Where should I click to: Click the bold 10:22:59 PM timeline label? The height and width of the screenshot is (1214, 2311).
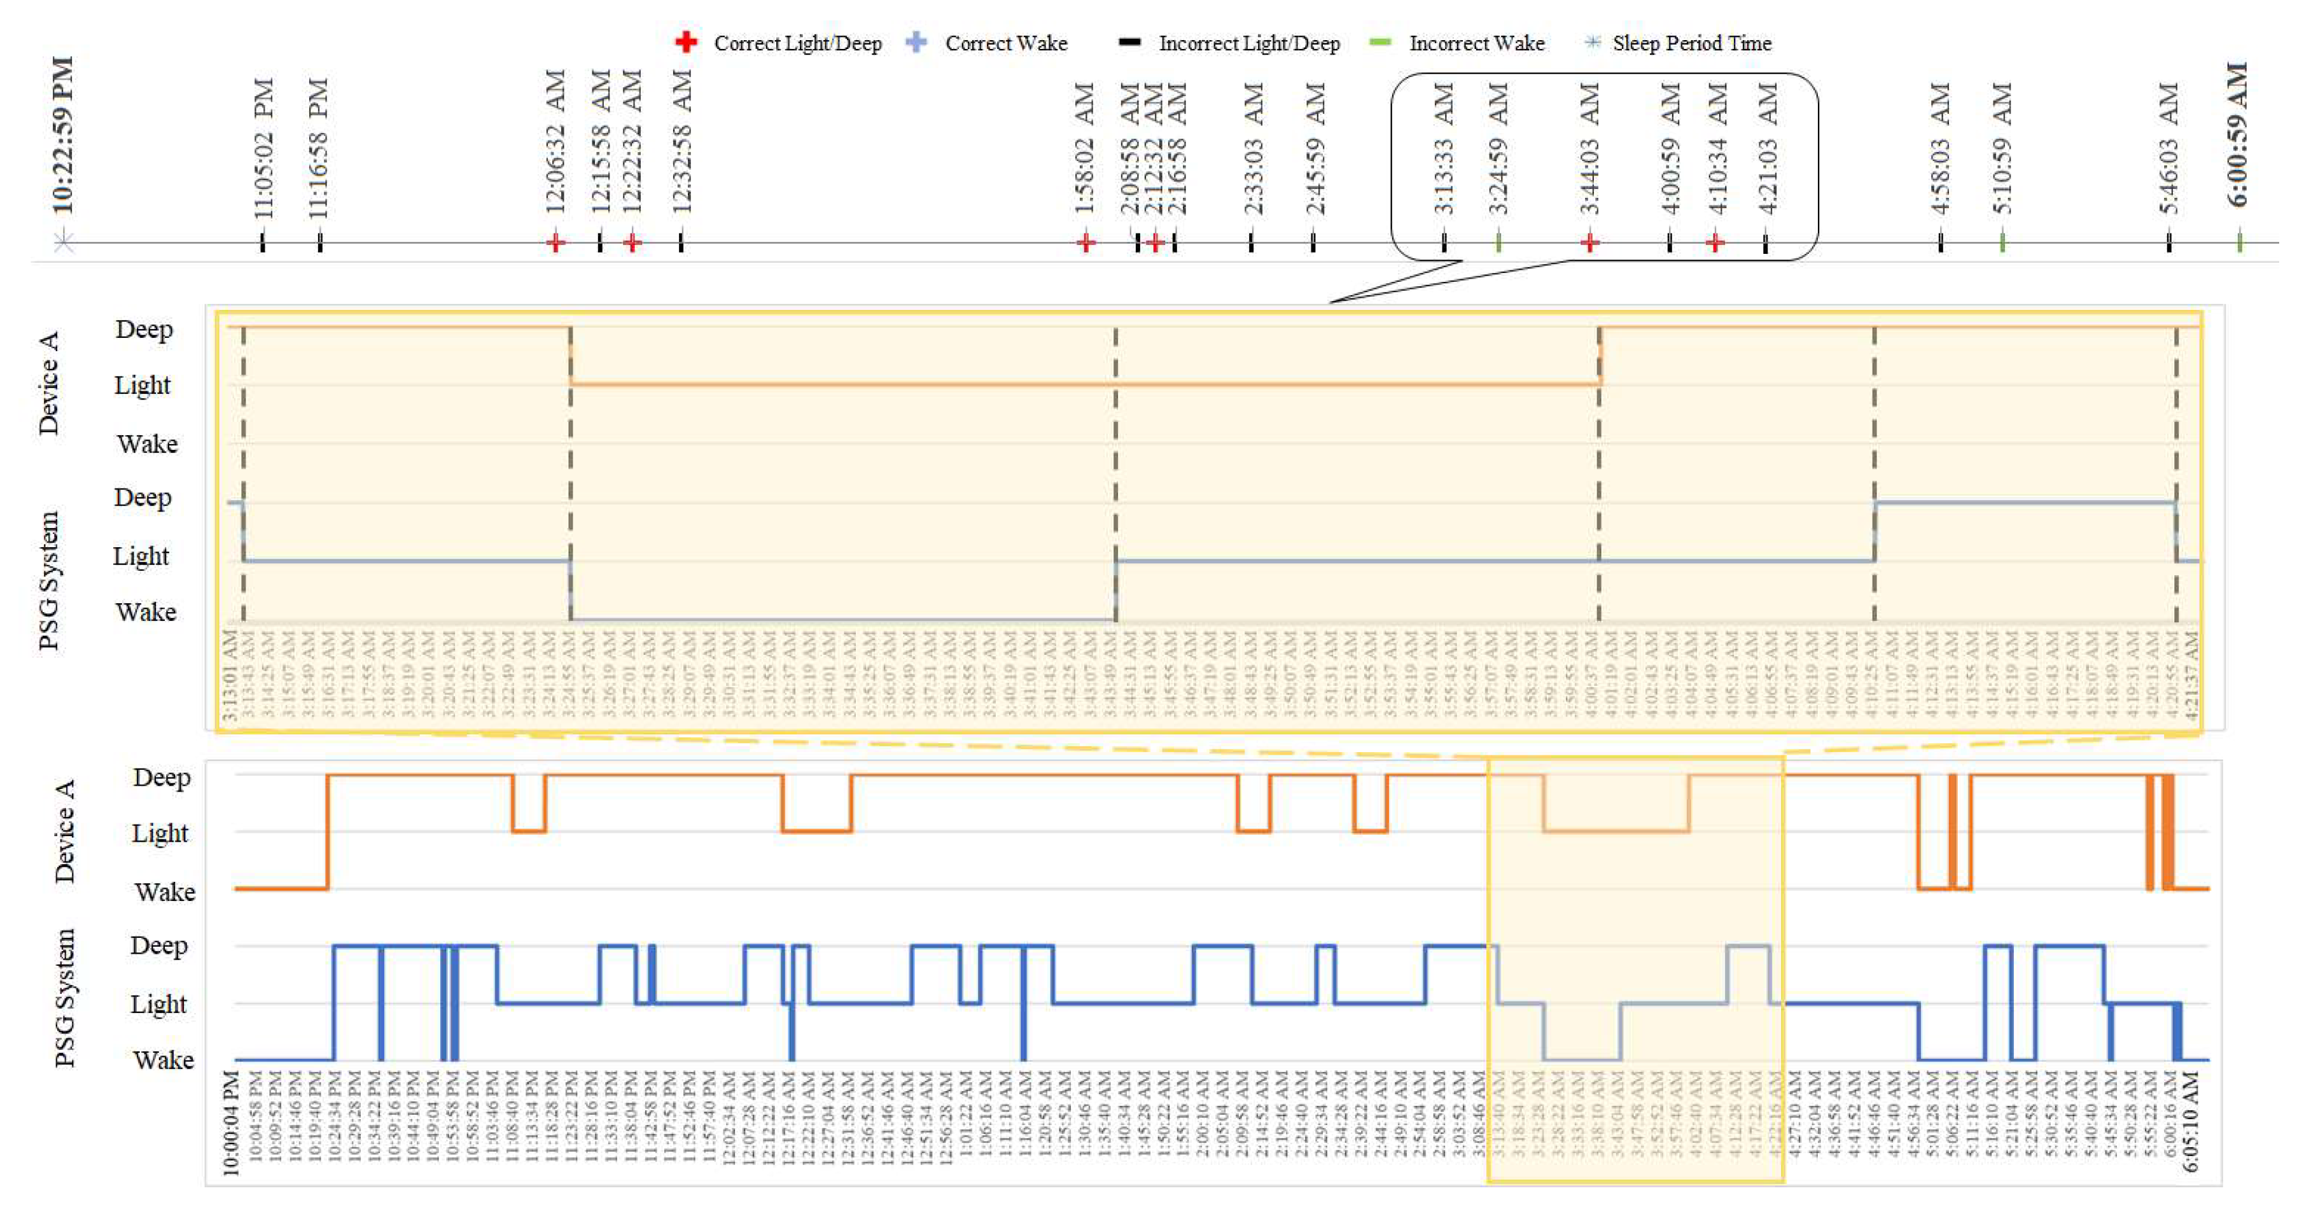[64, 135]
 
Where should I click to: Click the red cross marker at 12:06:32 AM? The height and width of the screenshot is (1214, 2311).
[555, 242]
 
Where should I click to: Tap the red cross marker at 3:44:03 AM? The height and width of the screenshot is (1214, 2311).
[1589, 242]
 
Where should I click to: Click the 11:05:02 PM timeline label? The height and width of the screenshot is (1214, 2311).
[263, 148]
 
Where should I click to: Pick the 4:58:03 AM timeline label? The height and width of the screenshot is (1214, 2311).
[1941, 148]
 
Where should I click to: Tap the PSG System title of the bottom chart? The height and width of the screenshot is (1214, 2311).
[65, 998]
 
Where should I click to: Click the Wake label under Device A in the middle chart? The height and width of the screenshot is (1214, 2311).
[147, 443]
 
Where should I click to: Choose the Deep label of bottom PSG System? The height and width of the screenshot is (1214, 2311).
[159, 945]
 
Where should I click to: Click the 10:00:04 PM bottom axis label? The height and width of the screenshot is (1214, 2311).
[232, 1122]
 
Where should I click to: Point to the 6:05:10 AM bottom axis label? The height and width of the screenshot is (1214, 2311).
[2190, 1122]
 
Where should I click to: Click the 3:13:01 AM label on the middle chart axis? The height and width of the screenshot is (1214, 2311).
[230, 674]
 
